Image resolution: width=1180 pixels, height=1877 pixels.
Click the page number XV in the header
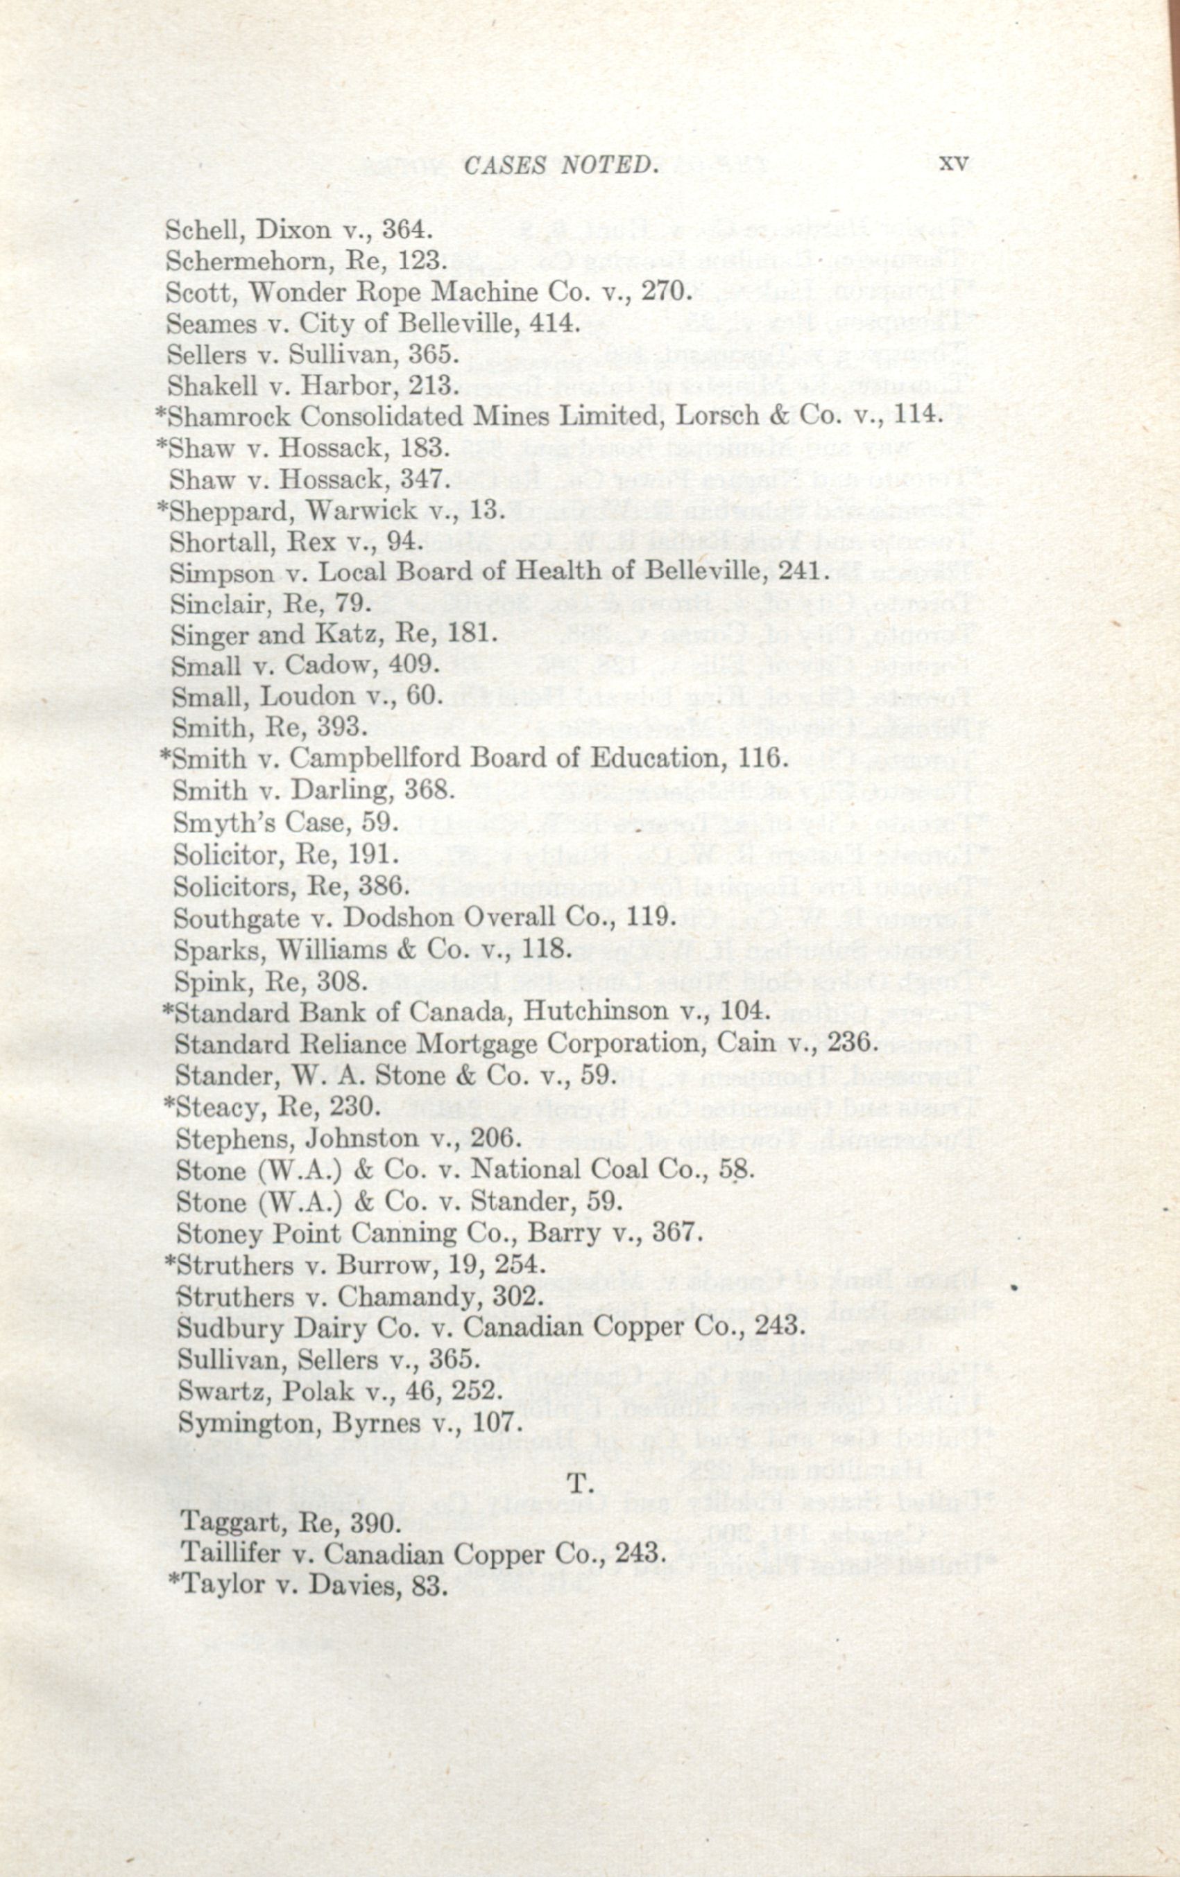click(953, 163)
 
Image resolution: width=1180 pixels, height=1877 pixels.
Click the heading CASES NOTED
click(558, 165)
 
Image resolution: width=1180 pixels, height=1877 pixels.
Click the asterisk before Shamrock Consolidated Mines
click(162, 413)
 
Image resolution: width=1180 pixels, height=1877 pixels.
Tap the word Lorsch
click(717, 414)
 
